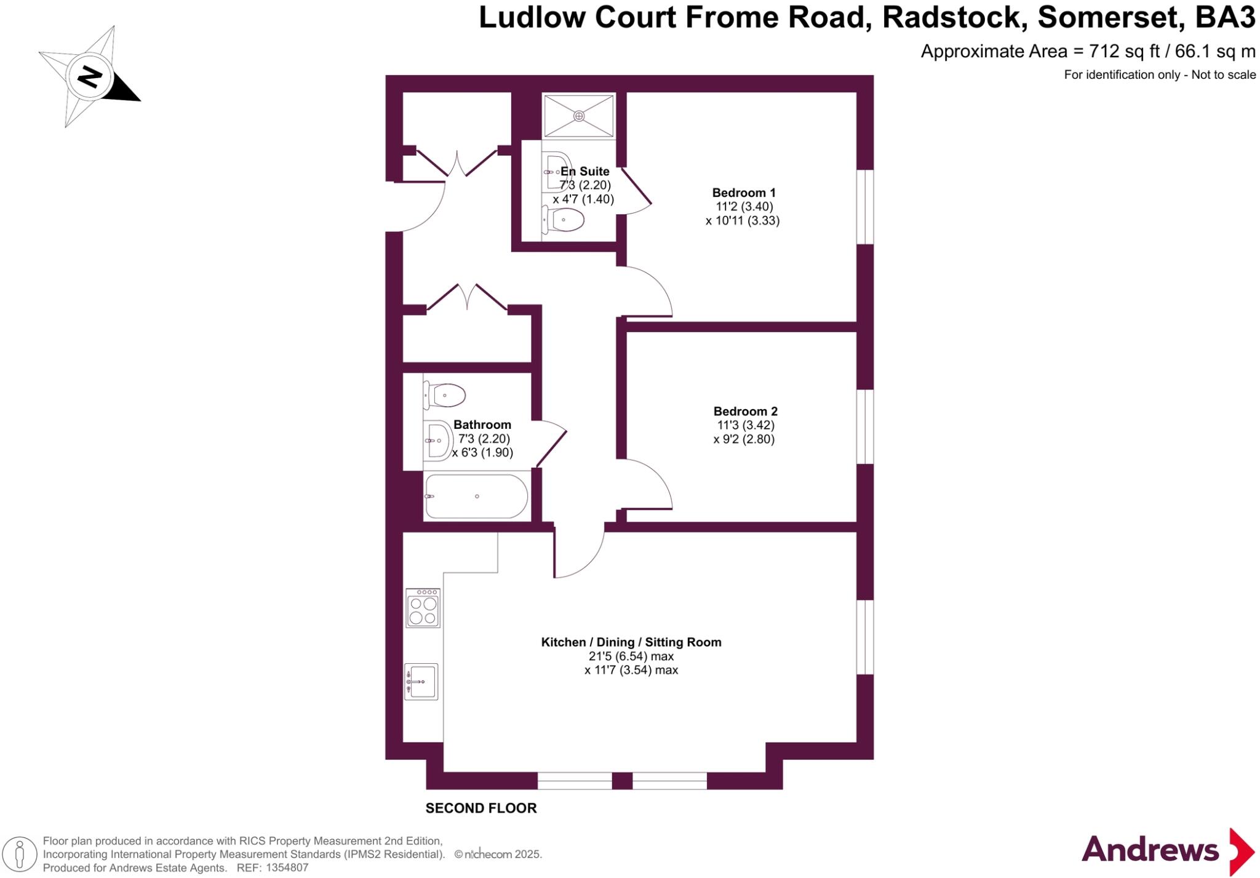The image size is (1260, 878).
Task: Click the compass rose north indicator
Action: click(x=90, y=78)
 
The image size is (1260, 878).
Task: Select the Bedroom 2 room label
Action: click(x=745, y=411)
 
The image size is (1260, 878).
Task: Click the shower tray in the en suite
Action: click(x=579, y=116)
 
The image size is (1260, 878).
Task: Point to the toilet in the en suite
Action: click(x=563, y=220)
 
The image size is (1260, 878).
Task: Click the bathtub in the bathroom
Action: click(x=476, y=497)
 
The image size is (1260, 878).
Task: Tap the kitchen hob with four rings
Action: click(x=423, y=608)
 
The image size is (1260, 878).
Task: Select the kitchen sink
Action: click(x=421, y=681)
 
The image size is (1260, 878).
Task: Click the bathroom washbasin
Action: click(x=437, y=440)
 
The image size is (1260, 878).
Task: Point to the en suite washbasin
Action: click(x=557, y=172)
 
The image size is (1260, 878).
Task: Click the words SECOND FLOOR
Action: click(x=481, y=808)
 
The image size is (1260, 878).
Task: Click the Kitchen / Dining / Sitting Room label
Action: click(x=631, y=642)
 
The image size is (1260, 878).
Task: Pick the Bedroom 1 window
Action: click(x=865, y=207)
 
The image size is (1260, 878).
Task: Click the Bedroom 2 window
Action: click(x=865, y=426)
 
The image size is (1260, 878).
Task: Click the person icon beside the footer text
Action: click(x=20, y=854)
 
